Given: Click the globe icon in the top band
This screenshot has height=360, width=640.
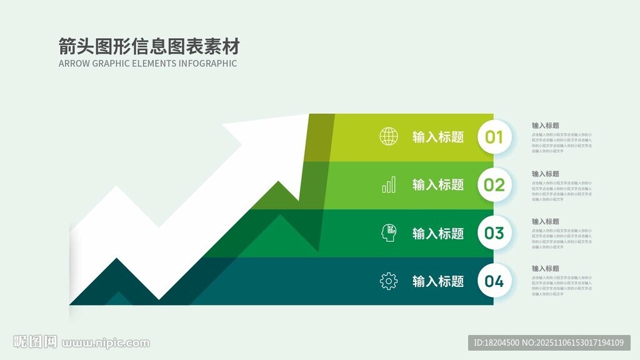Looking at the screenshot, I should tap(389, 136).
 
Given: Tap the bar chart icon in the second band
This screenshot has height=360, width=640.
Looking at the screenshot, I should tap(389, 184).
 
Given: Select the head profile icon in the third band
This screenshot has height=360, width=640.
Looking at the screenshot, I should tap(389, 233).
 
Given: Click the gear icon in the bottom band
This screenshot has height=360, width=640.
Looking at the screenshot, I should tap(389, 281).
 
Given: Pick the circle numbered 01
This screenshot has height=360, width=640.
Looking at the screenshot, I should tap(494, 137).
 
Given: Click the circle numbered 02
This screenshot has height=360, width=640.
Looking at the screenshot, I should tap(494, 185).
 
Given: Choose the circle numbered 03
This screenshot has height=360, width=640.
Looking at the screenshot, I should tap(494, 233).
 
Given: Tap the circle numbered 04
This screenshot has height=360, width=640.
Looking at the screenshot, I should tap(494, 281).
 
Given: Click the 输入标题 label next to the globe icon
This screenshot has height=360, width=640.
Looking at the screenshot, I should tap(438, 137).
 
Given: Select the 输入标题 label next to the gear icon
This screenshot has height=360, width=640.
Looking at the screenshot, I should tap(438, 281).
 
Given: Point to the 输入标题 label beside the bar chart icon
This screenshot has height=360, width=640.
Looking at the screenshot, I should tap(438, 185).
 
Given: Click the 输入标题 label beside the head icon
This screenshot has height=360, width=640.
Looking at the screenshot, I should tap(438, 233).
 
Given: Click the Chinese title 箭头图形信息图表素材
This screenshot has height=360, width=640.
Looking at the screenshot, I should tap(149, 46).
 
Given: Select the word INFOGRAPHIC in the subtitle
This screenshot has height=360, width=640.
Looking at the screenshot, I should tap(207, 63).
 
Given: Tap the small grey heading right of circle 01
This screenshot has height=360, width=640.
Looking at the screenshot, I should tap(546, 126).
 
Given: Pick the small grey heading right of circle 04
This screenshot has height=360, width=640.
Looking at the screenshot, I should tap(546, 269).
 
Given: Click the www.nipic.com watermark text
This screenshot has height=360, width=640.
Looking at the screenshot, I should tap(106, 342).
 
